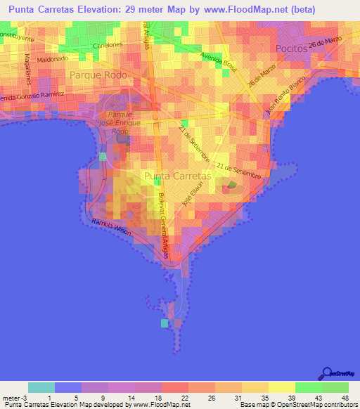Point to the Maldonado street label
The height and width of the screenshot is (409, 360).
[61, 61]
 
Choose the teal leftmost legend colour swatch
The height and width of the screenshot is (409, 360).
[41, 387]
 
